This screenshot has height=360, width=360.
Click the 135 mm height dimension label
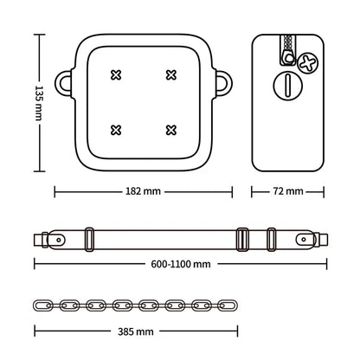[39, 103]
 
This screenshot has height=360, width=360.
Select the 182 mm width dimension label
[143, 191]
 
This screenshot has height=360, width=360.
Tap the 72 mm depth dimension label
[288, 191]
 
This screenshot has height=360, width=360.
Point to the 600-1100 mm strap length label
[181, 264]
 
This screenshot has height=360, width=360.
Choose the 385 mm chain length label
[136, 331]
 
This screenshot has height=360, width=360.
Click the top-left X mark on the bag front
[116, 75]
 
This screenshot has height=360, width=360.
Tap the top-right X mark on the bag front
[171, 75]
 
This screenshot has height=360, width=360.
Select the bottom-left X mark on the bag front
[116, 130]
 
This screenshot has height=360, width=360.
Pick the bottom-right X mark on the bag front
[171, 130]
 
